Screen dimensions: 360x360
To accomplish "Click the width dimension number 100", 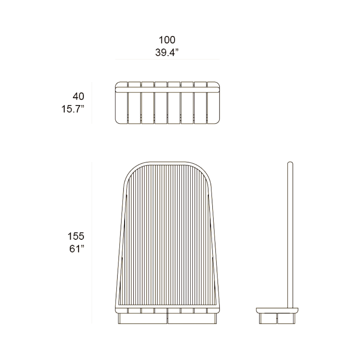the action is click(x=167, y=40).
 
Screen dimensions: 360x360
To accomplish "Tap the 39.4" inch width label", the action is click(x=167, y=52).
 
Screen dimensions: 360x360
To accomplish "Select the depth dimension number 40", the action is click(x=79, y=96).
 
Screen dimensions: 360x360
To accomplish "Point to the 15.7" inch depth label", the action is click(x=73, y=109).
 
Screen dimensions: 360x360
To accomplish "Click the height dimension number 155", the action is click(x=76, y=236).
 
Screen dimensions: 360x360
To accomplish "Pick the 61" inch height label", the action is click(x=77, y=249).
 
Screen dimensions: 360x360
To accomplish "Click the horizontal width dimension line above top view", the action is click(x=167, y=59).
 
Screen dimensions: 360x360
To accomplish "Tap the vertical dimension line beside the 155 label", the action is click(x=92, y=243).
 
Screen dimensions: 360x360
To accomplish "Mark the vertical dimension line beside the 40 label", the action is click(x=92, y=103).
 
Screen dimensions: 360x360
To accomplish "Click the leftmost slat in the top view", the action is click(x=121, y=103).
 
